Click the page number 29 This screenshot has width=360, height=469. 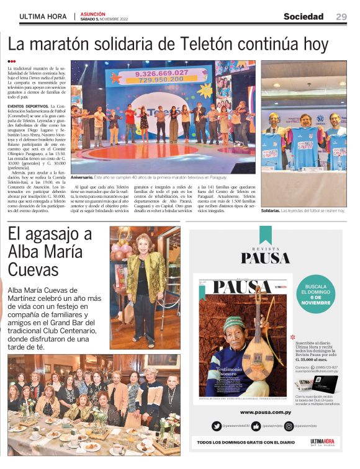(341, 17)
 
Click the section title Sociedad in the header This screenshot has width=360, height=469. (304, 17)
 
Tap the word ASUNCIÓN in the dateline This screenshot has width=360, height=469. (93, 14)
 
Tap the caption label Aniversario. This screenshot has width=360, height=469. (83, 177)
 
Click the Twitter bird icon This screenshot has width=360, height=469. (217, 426)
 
